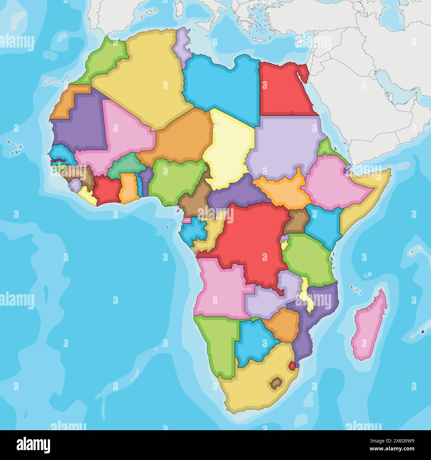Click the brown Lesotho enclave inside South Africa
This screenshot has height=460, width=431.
click(275, 383)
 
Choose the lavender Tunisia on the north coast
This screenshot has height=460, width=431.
click(181, 46)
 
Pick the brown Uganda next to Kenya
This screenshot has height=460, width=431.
click(296, 222)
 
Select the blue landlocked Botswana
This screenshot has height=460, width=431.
click(254, 343)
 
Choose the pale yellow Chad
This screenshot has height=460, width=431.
click(229, 149)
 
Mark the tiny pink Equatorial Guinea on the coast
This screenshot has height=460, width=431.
click(187, 220)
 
